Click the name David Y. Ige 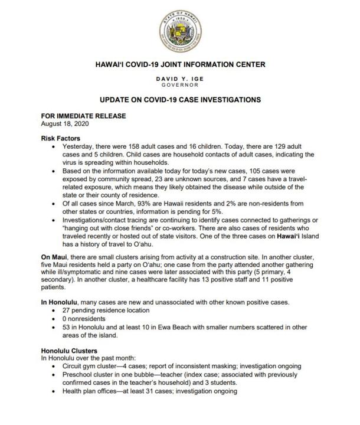coord(179,79)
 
